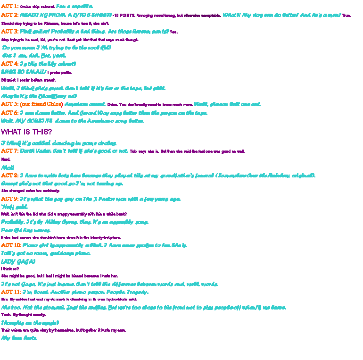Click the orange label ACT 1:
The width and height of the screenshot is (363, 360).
(x=10, y=7)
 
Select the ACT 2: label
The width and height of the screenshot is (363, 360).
(x=10, y=15)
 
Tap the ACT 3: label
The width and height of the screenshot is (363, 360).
(x=10, y=32)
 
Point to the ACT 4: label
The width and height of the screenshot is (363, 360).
(x=10, y=64)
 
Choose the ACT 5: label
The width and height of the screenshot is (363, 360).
(x=10, y=104)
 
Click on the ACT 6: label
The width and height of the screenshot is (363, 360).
(x=10, y=113)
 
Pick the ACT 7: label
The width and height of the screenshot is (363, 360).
(x=10, y=151)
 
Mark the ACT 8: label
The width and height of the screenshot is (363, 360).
(x=10, y=176)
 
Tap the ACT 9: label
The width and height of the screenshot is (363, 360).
(x=10, y=199)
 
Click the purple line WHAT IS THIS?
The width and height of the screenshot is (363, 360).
(x=26, y=132)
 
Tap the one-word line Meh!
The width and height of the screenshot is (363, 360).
(x=8, y=167)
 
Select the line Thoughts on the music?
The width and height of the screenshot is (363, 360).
(x=30, y=323)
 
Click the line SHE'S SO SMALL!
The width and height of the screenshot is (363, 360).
(x=24, y=72)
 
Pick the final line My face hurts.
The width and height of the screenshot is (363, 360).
(x=19, y=338)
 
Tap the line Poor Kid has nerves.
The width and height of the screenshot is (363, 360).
(x=26, y=230)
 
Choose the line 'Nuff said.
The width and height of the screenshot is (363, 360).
(x=15, y=207)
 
